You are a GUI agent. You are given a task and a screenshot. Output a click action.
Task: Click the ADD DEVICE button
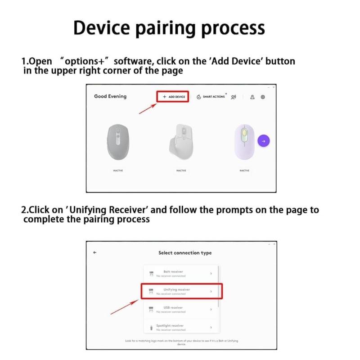click(173, 97)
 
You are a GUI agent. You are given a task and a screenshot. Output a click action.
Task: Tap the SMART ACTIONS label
click(213, 97)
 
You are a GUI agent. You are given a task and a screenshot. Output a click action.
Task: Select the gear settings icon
click(263, 97)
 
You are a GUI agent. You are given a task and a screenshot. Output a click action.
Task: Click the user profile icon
click(252, 97)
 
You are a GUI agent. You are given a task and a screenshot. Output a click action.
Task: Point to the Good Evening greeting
click(110, 96)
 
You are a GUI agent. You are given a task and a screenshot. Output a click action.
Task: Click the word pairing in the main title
click(167, 28)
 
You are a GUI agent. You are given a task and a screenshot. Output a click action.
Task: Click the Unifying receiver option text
click(176, 289)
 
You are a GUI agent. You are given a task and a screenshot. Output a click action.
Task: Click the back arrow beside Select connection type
click(95, 252)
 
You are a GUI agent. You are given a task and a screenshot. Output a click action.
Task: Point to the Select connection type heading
click(184, 253)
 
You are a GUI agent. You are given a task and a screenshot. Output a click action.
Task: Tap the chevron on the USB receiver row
click(211, 310)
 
